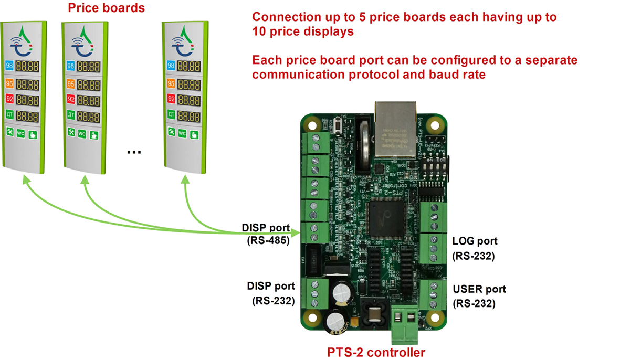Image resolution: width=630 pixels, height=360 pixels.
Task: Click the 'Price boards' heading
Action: click(107, 8)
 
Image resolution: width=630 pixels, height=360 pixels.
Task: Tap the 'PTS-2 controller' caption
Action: click(376, 352)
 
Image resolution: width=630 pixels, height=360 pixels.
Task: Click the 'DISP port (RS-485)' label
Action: click(266, 235)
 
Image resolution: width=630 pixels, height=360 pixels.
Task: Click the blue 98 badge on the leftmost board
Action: click(9, 66)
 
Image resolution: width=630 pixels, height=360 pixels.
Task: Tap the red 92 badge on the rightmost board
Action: click(170, 99)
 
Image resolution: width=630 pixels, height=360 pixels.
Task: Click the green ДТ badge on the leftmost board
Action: click(9, 114)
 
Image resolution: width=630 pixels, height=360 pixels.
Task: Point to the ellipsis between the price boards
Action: click(134, 152)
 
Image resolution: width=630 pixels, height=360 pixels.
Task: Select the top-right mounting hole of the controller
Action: click(434, 125)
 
